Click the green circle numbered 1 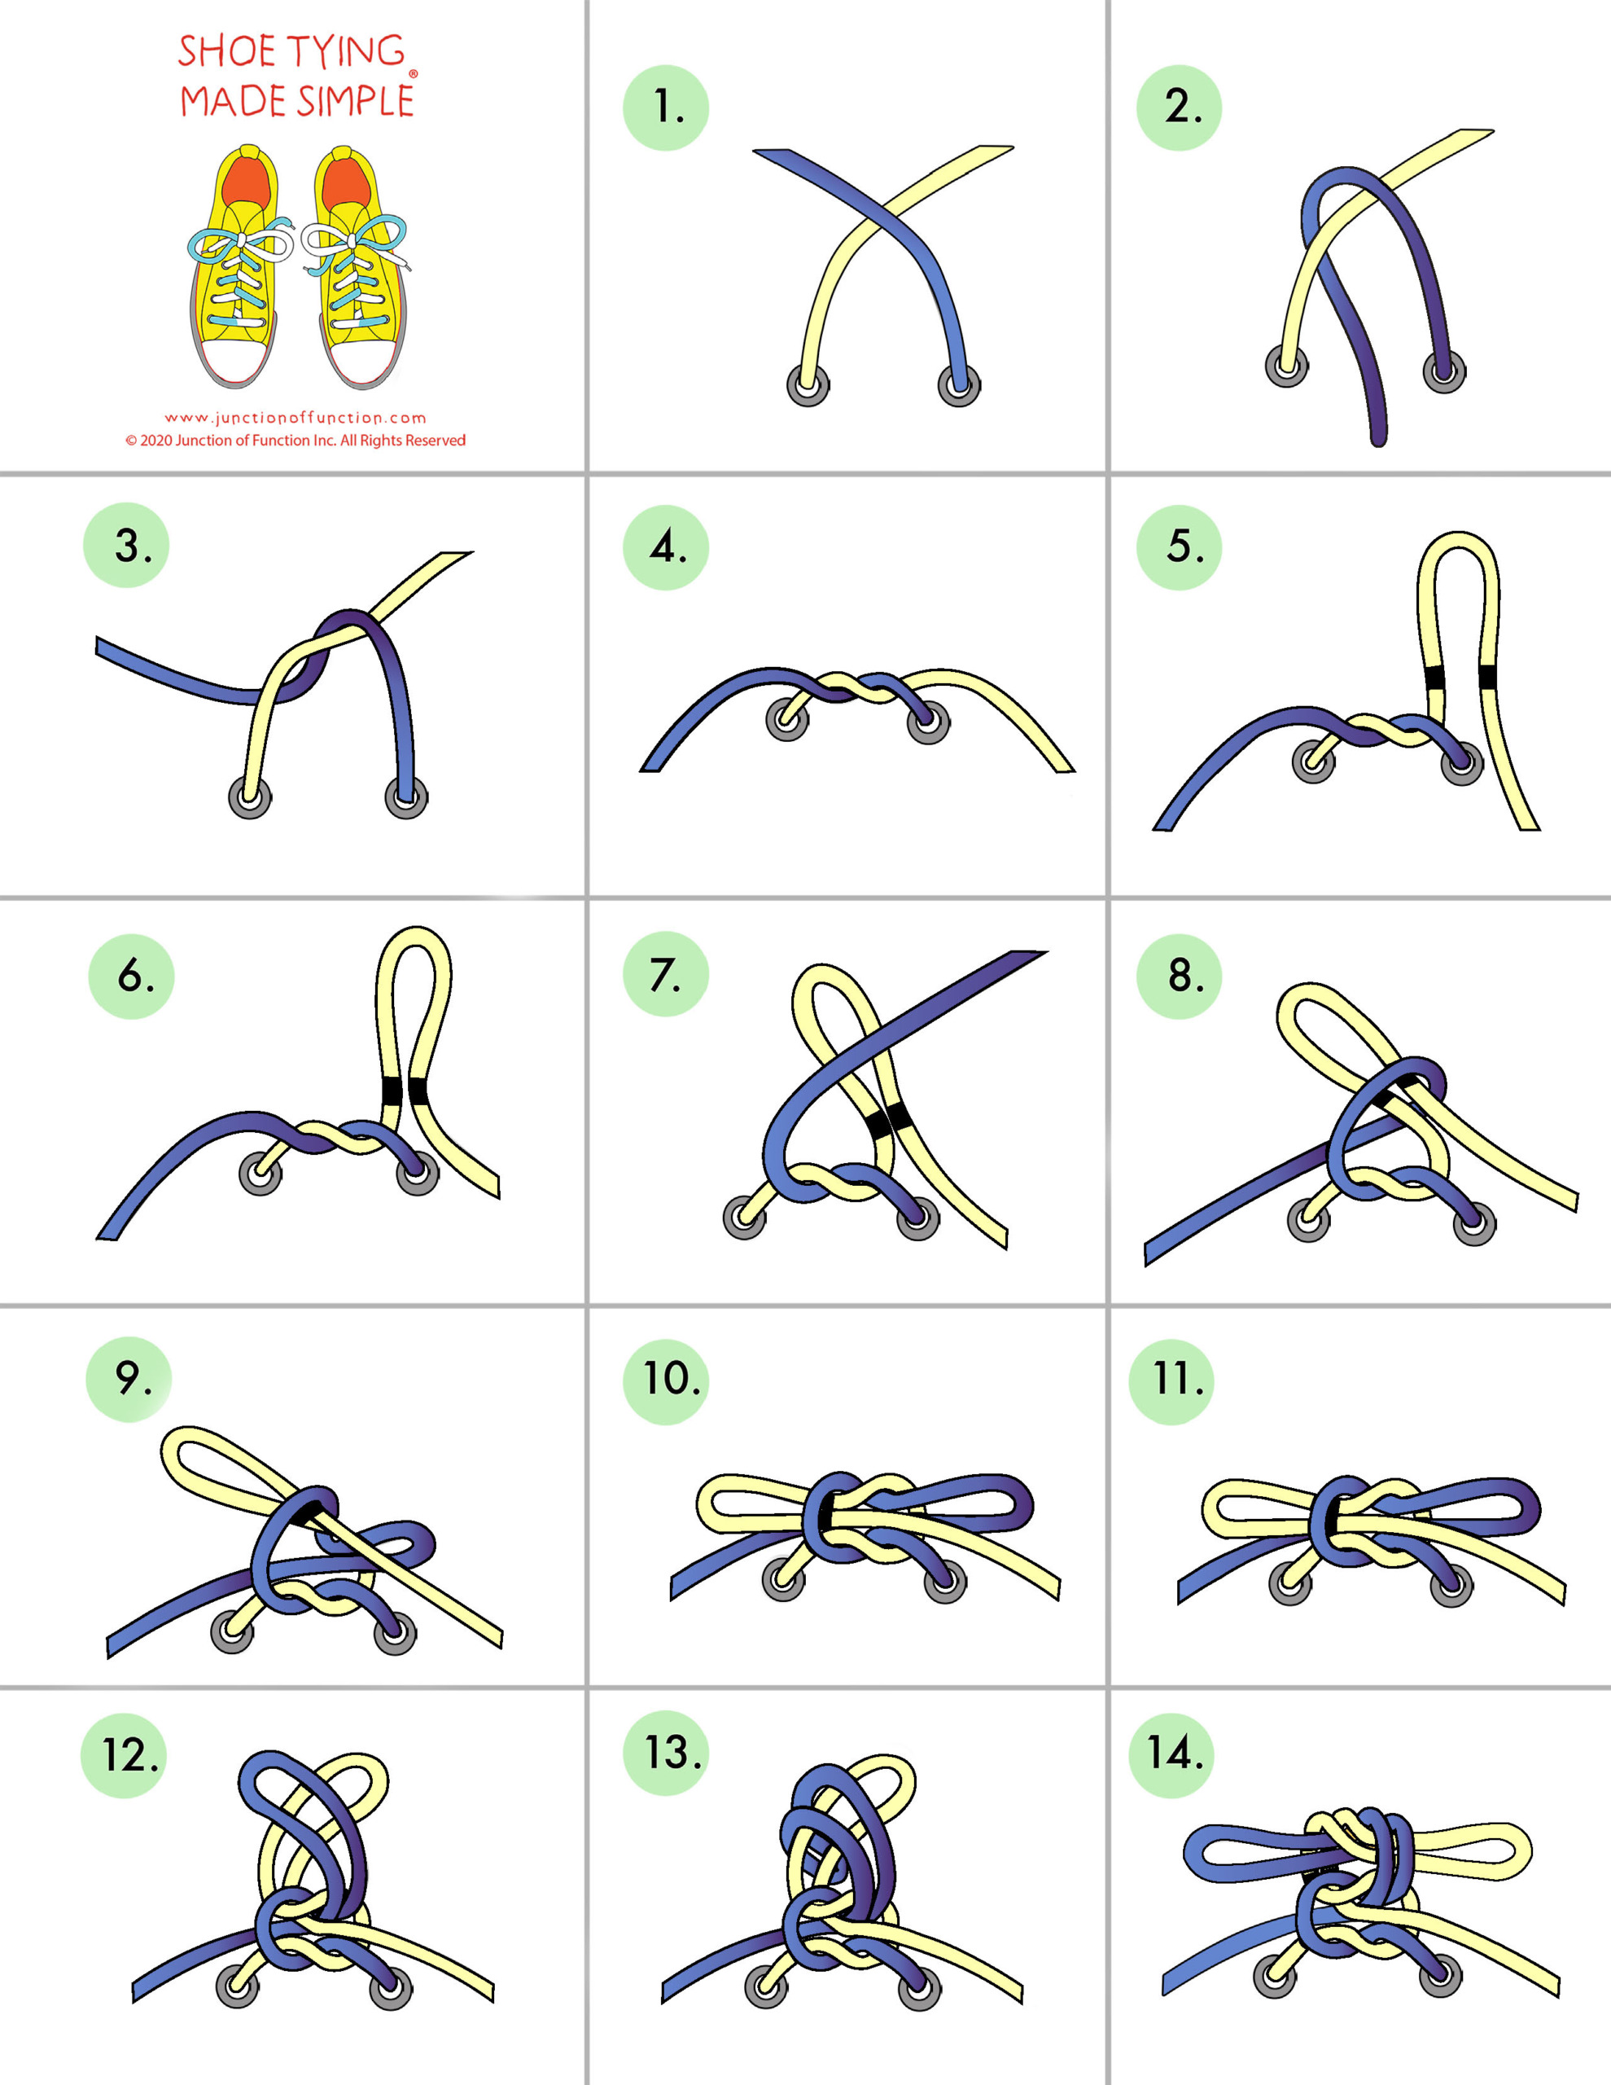[x=665, y=107]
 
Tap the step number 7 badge [x=665, y=974]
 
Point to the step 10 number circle [x=665, y=1381]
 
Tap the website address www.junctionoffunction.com [x=295, y=417]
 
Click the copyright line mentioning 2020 [x=295, y=440]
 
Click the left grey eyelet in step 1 [x=808, y=387]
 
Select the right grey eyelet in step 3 [x=406, y=797]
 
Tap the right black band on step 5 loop [x=1487, y=677]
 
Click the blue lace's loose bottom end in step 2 [x=1378, y=438]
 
